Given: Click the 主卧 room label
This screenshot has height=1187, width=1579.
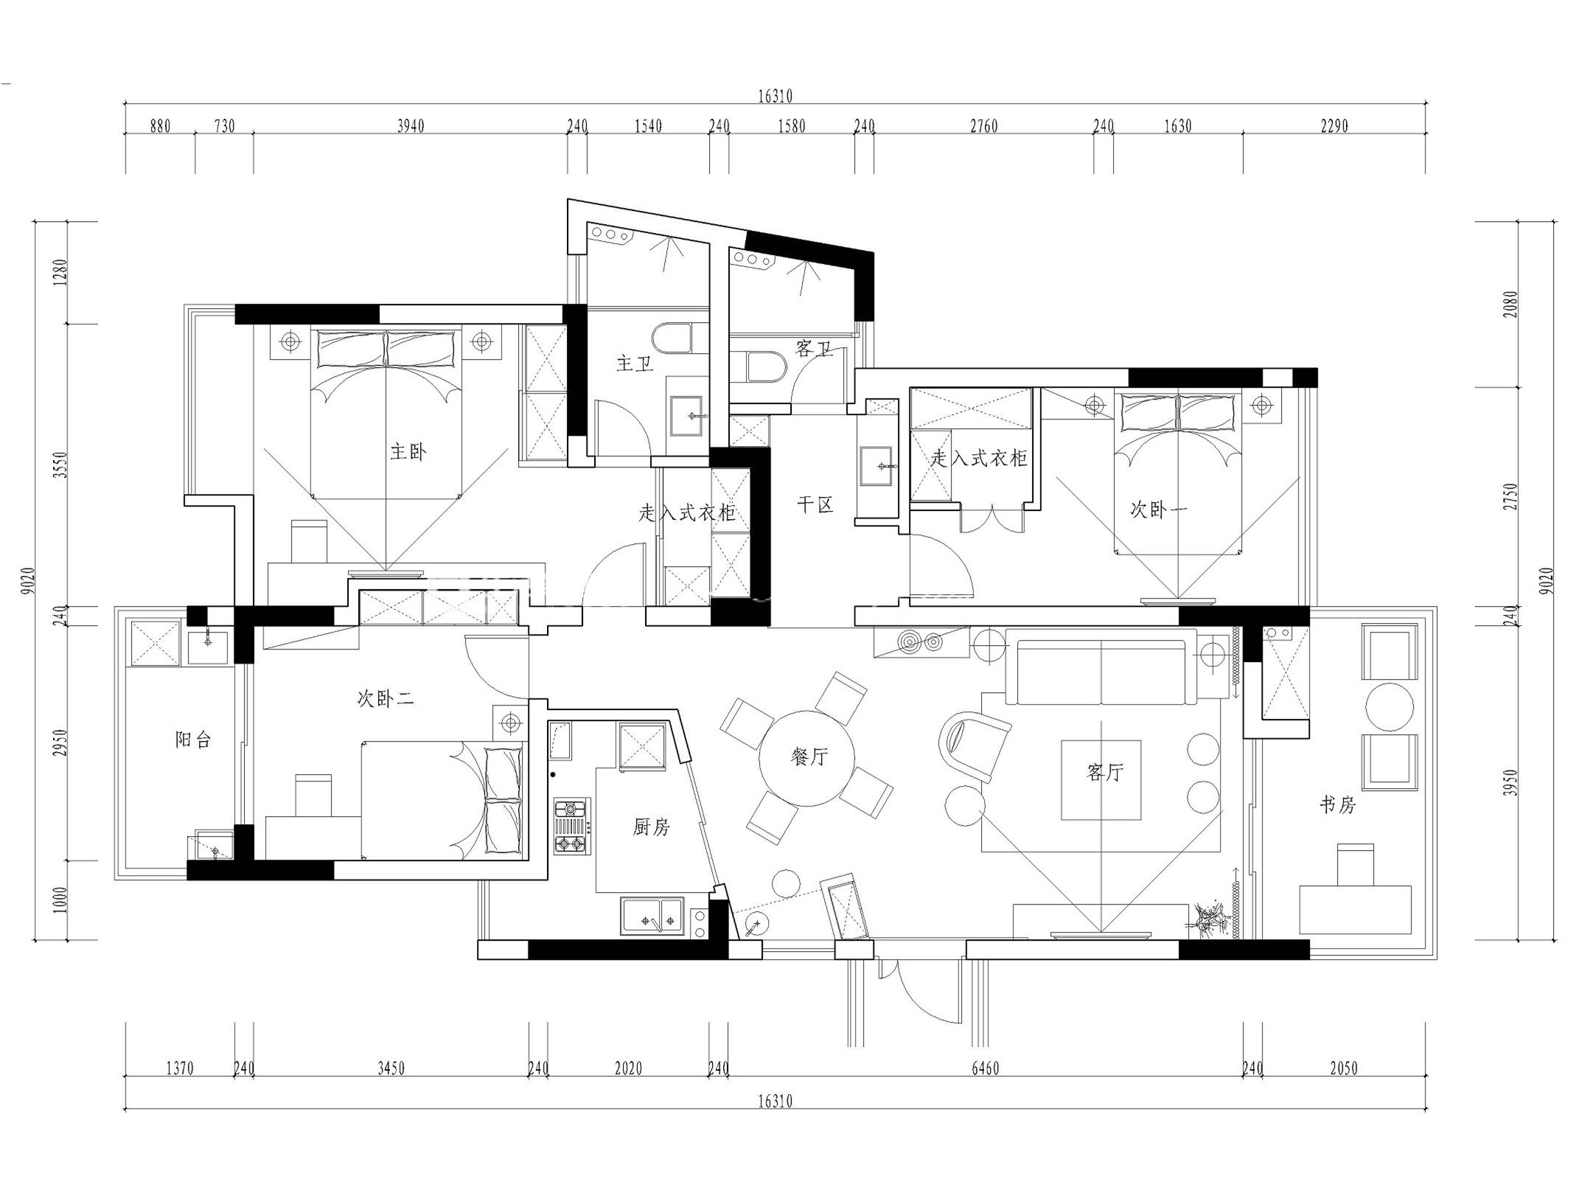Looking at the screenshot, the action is pyautogui.click(x=408, y=451).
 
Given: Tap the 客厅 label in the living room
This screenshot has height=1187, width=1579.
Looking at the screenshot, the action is pyautogui.click(x=1104, y=772).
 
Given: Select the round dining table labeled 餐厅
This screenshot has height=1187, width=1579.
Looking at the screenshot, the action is pyautogui.click(x=808, y=757).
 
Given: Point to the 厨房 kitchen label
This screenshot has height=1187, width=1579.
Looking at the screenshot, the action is pyautogui.click(x=651, y=827).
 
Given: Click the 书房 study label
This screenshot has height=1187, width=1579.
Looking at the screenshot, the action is pyautogui.click(x=1336, y=804).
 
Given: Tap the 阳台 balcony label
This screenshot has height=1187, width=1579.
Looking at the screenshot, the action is pyautogui.click(x=193, y=739).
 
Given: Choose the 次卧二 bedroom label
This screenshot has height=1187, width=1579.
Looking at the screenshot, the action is pyautogui.click(x=386, y=698).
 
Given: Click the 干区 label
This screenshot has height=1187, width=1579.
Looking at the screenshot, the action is pyautogui.click(x=815, y=505).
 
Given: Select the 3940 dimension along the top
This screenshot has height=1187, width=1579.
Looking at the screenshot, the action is pyautogui.click(x=411, y=126).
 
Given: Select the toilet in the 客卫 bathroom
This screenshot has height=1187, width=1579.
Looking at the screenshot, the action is pyautogui.click(x=763, y=366).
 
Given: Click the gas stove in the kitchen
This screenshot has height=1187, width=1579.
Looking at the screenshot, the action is pyautogui.click(x=572, y=826).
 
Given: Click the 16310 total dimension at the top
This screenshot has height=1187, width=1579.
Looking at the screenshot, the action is pyautogui.click(x=775, y=96).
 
